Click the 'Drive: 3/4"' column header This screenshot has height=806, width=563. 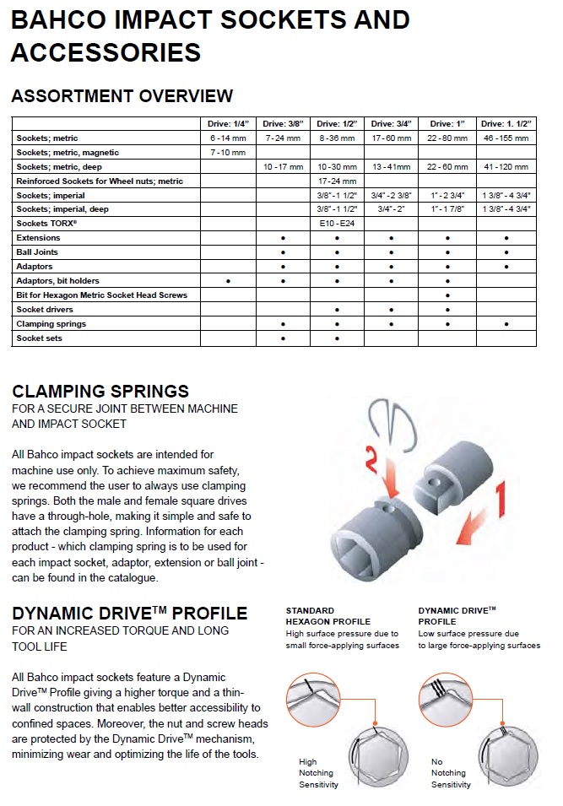click(x=392, y=124)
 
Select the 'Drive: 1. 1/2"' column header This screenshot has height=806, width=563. click(x=506, y=124)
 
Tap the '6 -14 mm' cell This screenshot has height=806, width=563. click(x=228, y=138)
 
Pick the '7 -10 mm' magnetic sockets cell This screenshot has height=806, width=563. click(x=228, y=153)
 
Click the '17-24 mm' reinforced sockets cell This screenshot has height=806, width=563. click(x=337, y=181)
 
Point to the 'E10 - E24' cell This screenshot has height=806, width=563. click(x=337, y=224)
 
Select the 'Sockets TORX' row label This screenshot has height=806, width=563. click(x=46, y=224)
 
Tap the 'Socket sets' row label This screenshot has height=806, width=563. click(x=39, y=338)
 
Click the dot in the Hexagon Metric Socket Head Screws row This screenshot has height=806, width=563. click(x=447, y=295)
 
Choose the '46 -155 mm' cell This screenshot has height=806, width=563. click(x=506, y=138)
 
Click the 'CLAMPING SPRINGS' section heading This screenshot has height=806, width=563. click(x=100, y=391)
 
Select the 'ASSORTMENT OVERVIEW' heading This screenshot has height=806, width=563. click(x=122, y=95)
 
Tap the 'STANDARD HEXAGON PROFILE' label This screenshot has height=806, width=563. click(x=328, y=615)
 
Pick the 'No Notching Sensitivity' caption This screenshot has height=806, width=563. click(x=449, y=773)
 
